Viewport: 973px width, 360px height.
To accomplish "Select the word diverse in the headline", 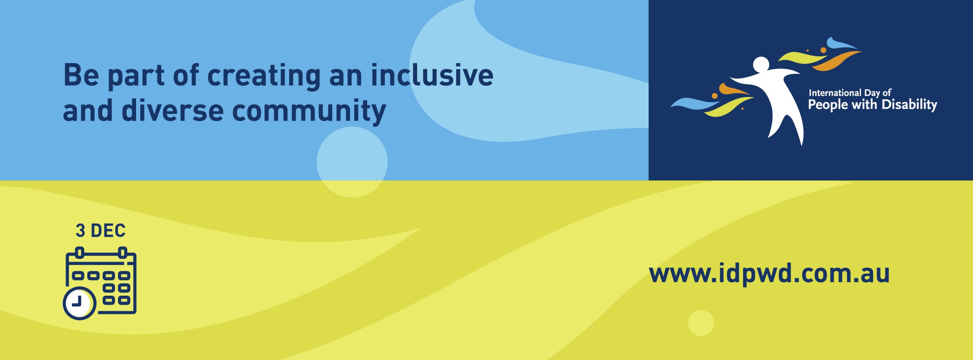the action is pyautogui.click(x=173, y=110).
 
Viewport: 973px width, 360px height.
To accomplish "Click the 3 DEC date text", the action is pyautogui.click(x=101, y=231).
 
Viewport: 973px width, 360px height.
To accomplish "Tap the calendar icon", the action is pyautogui.click(x=100, y=283).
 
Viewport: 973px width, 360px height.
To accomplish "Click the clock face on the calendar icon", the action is pyautogui.click(x=79, y=303).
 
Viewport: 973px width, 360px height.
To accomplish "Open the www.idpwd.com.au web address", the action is pyautogui.click(x=769, y=274).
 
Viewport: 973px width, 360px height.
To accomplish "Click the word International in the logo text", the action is pyautogui.click(x=835, y=93).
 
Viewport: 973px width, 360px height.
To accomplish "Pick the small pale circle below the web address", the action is pyautogui.click(x=701, y=323).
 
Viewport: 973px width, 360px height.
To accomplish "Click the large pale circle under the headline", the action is pyautogui.click(x=352, y=162).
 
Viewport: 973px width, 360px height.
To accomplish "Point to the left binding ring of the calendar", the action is pyautogui.click(x=80, y=252).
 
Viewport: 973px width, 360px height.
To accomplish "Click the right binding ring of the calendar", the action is pyautogui.click(x=122, y=252).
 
